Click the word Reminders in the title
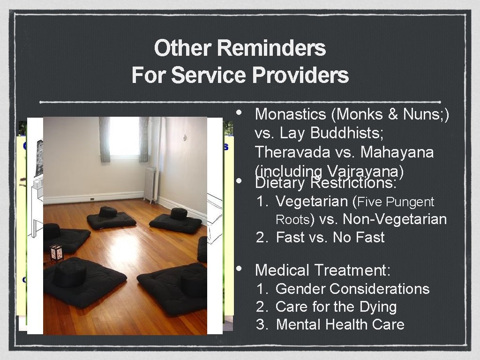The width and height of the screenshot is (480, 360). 271,48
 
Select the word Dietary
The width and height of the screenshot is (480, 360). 280,182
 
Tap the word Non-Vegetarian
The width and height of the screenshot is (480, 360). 395,219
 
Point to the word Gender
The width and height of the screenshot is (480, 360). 300,289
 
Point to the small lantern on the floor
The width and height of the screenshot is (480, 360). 56,253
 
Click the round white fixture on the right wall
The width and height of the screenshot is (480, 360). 185,137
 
